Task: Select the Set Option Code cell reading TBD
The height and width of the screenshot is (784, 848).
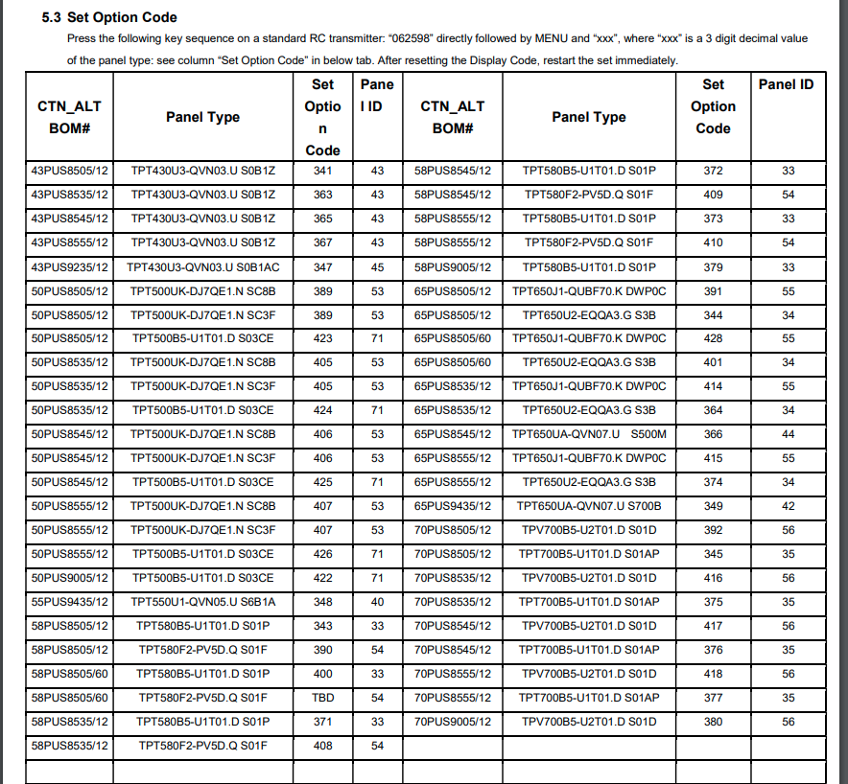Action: pos(323,697)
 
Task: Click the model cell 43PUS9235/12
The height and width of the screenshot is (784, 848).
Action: pos(70,266)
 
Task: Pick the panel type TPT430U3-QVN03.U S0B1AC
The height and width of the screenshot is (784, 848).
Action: pos(203,266)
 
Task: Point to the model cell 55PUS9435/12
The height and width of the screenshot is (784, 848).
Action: pos(70,601)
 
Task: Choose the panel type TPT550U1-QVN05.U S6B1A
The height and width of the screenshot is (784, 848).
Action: pos(203,601)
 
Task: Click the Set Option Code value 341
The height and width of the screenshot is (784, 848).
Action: pos(323,171)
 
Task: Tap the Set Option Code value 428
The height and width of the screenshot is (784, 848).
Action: pos(713,338)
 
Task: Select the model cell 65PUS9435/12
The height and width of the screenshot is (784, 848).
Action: pos(453,505)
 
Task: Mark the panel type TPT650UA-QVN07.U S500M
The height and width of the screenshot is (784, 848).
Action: pos(589,434)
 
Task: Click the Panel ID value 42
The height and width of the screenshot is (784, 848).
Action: pos(788,505)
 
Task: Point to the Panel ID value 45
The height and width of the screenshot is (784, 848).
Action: pos(377,266)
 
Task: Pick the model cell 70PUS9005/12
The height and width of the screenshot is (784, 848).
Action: pos(453,721)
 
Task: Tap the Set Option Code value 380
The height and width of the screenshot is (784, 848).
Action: pos(713,721)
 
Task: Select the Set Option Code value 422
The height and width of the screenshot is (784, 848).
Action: pos(323,577)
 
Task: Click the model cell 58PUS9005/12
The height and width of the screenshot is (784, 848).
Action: pos(453,266)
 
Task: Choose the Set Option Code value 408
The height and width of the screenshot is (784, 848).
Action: pos(323,745)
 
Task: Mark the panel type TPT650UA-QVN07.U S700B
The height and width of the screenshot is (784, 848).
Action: pos(589,505)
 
